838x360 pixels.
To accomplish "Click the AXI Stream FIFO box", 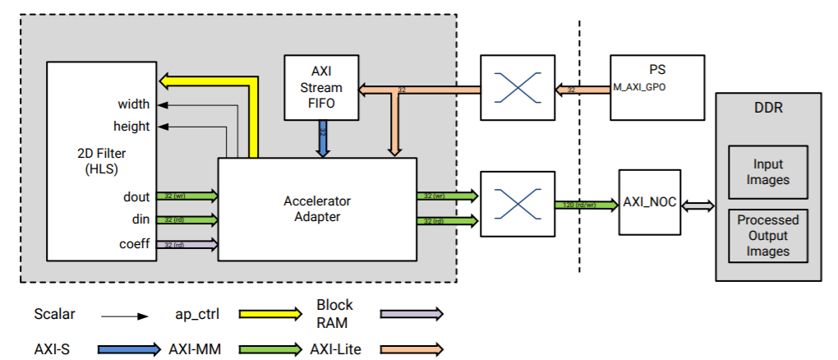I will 320,88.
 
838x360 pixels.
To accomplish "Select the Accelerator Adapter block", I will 317,209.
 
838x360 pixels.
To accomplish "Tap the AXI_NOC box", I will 649,202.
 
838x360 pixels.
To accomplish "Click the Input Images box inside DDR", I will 768,173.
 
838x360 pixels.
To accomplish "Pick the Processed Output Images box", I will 768,236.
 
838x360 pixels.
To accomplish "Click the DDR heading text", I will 768,108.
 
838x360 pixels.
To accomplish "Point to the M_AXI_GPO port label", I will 638,87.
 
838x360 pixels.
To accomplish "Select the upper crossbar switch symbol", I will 514,87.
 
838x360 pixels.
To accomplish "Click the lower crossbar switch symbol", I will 514,204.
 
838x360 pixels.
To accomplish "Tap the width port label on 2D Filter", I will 133,104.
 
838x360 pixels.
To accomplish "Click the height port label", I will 131,127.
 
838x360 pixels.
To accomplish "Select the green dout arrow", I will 186,196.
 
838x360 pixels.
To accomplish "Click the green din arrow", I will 186,219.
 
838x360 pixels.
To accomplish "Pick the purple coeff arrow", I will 186,244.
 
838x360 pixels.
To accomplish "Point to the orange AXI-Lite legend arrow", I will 411,348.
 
